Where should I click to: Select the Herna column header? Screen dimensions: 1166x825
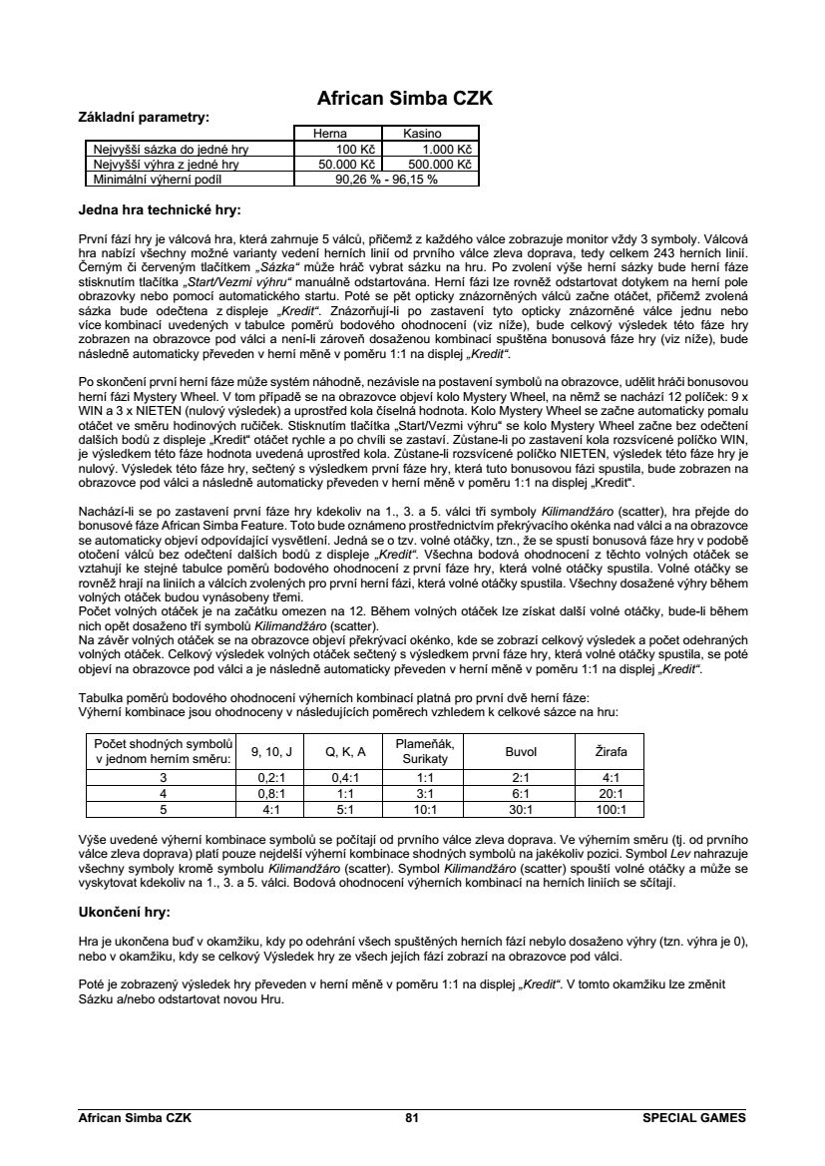pyautogui.click(x=330, y=133)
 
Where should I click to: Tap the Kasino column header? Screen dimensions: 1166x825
pyautogui.click(x=422, y=133)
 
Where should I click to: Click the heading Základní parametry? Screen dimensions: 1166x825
pyautogui.click(x=144, y=118)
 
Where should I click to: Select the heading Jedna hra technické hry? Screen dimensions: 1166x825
pyautogui.click(x=160, y=210)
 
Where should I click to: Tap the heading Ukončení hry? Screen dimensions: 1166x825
pyautogui.click(x=125, y=912)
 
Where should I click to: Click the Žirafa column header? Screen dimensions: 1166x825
pyautogui.click(x=612, y=751)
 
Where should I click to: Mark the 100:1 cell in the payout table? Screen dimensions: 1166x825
pyautogui.click(x=612, y=809)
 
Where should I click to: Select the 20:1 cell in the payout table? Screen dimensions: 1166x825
pyautogui.click(x=612, y=793)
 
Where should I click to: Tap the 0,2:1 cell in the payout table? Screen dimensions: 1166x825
pyautogui.click(x=272, y=777)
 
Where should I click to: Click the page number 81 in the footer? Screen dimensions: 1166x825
pyautogui.click(x=412, y=1118)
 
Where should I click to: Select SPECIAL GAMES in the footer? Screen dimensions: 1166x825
pyautogui.click(x=694, y=1118)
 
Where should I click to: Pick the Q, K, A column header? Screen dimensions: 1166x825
pyautogui.click(x=348, y=751)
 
